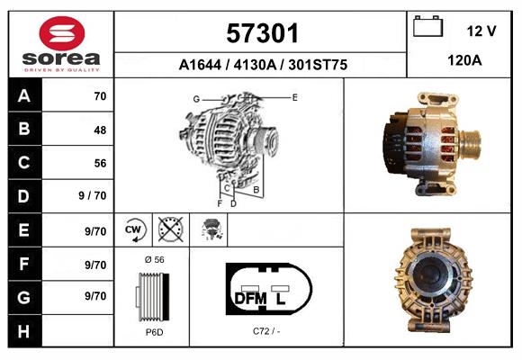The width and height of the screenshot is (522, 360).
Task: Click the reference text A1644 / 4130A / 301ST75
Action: [263, 66]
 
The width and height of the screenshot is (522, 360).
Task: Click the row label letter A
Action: [24, 96]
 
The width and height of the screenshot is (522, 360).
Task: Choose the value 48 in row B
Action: [99, 130]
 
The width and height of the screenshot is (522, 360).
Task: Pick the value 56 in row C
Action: [99, 164]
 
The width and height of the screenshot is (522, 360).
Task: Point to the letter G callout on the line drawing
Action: [195, 98]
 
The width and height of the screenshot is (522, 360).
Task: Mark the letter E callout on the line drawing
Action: [294, 95]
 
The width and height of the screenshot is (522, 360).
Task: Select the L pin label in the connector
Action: [281, 298]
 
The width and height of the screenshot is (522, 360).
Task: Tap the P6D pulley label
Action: [154, 332]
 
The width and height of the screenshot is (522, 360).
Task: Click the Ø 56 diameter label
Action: [154, 259]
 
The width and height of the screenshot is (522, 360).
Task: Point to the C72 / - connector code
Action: [267, 332]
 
